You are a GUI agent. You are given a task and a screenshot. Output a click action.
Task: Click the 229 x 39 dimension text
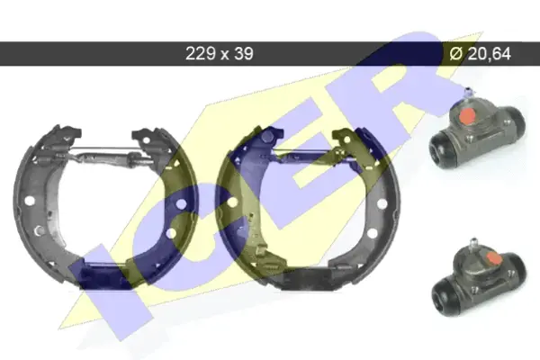[x=220, y=53]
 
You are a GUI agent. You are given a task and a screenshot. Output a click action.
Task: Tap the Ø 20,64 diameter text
[x=480, y=53]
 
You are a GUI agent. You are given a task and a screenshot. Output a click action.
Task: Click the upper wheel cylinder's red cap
[x=466, y=115]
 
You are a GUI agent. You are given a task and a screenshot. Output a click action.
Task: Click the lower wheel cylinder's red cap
[x=493, y=257]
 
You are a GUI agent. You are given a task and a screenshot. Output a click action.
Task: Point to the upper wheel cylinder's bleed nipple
[x=468, y=93]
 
